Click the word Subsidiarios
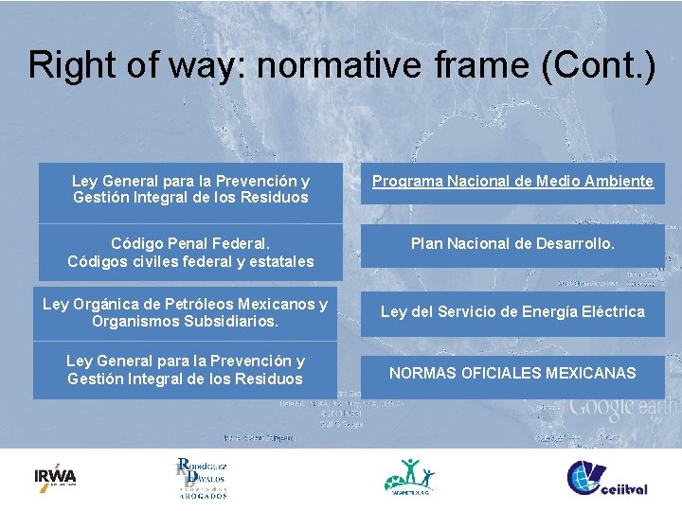click(228, 322)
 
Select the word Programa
click(404, 181)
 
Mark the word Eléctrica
click(607, 311)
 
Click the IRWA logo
click(55, 476)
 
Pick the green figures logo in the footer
click(409, 476)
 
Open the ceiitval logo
click(606, 478)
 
